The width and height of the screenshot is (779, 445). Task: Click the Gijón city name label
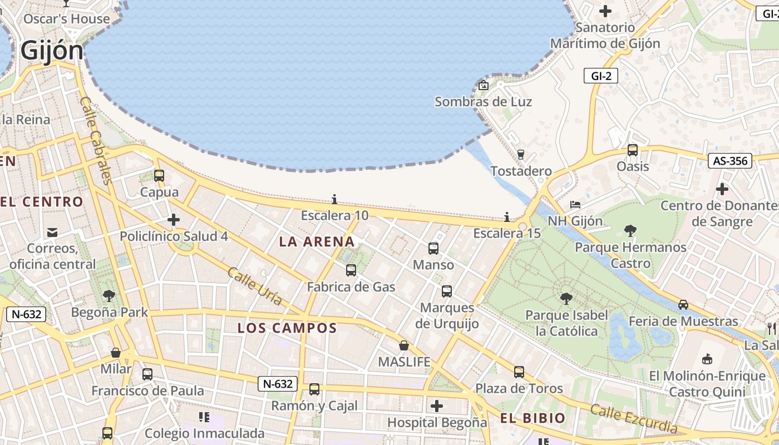point(52,51)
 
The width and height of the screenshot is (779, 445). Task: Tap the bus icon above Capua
point(159,176)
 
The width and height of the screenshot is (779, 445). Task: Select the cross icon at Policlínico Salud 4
point(174,220)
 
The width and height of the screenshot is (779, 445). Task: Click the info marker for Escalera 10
point(334,199)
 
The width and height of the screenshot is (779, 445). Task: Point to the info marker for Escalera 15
point(507,216)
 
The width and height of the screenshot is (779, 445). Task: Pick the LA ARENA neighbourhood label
point(317,241)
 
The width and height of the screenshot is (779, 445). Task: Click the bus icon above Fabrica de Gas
point(351,270)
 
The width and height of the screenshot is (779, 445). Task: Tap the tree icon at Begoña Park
point(109,295)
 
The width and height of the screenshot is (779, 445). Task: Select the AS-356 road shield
point(729,161)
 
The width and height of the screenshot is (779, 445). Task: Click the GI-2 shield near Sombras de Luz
point(601,76)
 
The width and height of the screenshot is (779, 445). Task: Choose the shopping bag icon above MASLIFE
point(404,345)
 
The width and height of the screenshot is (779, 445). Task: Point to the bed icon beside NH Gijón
point(576,205)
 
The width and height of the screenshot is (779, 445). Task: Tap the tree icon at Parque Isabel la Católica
point(566,299)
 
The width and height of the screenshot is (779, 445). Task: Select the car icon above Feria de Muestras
point(683,305)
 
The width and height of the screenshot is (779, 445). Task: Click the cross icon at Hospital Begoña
point(437,406)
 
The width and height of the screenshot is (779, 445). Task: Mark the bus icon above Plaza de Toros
point(519,372)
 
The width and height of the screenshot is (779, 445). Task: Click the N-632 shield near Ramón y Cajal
point(277,383)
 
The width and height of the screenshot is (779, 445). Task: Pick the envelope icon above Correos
point(52,232)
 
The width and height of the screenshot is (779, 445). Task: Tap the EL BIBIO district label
point(533,418)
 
